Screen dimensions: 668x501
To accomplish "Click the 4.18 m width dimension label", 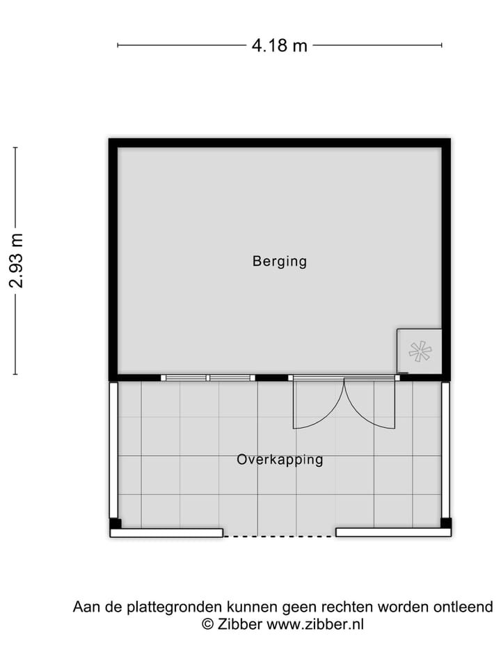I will tap(279, 46).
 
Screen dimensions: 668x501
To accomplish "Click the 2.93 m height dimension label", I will tap(16, 260).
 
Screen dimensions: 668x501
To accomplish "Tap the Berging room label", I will tap(279, 262).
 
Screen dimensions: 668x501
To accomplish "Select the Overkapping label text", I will tap(279, 460).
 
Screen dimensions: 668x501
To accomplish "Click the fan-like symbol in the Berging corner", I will tap(420, 352).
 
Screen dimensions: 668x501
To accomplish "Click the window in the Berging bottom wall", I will tap(208, 378).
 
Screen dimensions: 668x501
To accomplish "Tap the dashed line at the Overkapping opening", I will tap(279, 536).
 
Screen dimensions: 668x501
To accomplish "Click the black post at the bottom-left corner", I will tap(116, 523).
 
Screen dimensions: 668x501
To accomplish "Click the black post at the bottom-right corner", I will tap(446, 523).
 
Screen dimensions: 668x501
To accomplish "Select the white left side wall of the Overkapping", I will tap(113, 449).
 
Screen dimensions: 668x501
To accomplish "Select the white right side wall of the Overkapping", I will tap(446, 449).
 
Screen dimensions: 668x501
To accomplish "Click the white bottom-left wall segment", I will tap(166, 533).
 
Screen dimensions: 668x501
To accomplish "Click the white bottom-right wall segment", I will tap(393, 533).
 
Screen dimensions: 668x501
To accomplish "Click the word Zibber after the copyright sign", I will tap(239, 624).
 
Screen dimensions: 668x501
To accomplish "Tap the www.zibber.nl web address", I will tap(315, 624).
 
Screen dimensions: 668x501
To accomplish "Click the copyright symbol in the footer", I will tap(207, 624).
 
